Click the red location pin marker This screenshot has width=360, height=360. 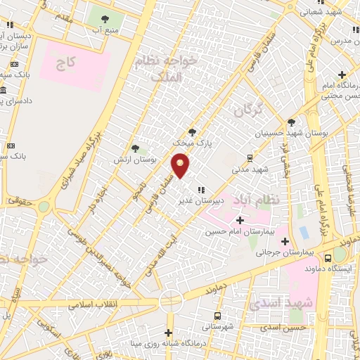tap(181, 165)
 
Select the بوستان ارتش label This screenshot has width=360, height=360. tap(134, 160)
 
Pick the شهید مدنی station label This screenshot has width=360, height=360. tap(251, 169)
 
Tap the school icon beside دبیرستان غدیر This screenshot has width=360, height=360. tap(200, 189)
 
